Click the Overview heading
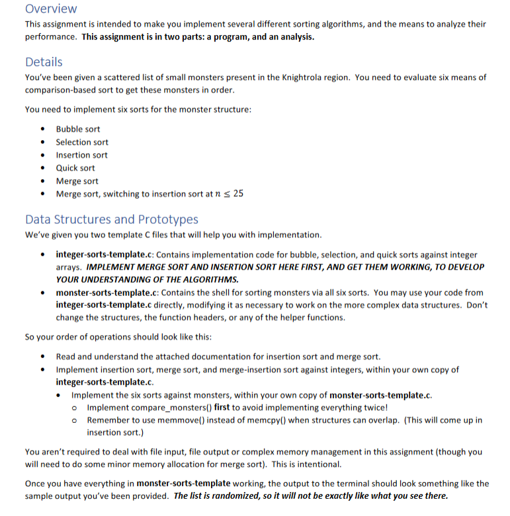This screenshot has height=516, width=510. [51, 9]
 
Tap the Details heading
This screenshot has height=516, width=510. [44, 61]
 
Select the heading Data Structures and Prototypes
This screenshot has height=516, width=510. [111, 219]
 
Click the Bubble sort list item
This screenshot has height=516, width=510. [78, 129]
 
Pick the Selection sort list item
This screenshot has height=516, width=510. [82, 142]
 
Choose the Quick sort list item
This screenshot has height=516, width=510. [75, 168]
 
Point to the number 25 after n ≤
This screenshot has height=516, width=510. [238, 194]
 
